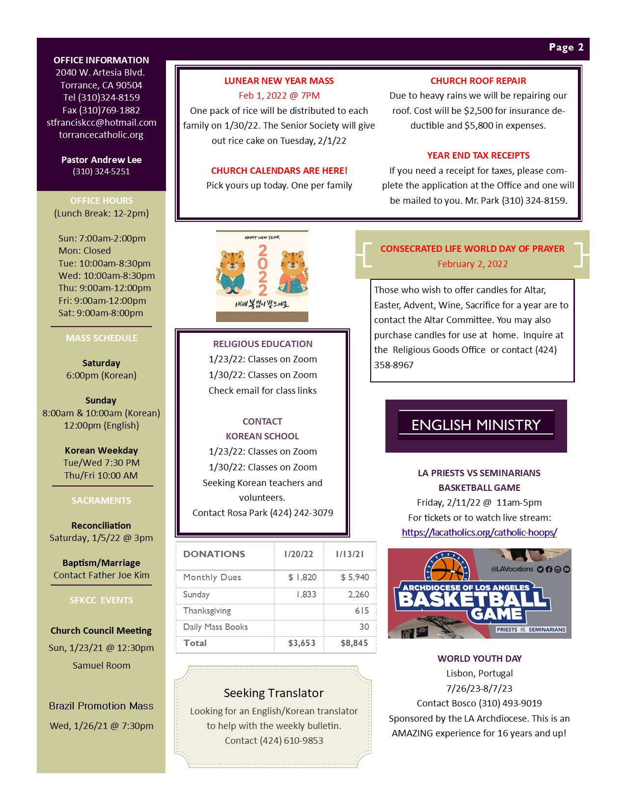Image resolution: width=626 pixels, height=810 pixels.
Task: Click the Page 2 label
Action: pos(566,47)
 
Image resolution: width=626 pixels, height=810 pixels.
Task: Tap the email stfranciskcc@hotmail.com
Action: pos(102,123)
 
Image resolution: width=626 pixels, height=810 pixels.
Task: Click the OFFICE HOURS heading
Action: pos(102,201)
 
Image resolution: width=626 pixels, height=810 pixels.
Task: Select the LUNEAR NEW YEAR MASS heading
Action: pos(279,81)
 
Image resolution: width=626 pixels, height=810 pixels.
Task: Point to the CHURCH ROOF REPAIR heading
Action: pos(478,81)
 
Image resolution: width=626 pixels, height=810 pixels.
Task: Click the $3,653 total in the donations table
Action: pos(301,643)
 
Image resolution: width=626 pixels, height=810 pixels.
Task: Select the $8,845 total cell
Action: pos(354,643)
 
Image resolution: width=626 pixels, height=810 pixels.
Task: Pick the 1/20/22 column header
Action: pos(299,554)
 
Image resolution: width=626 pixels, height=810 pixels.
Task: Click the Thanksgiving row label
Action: pos(207,611)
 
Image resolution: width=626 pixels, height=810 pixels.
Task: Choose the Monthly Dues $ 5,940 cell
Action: pos(354,577)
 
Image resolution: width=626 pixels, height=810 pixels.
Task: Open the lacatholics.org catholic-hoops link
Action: pos(479,532)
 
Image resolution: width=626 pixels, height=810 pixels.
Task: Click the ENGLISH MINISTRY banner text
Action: pos(476,425)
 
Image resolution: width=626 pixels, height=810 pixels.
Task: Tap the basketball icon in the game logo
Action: pos(447,569)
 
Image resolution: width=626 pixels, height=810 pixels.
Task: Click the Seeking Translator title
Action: pos(273,693)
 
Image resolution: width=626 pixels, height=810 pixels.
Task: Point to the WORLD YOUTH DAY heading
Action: pos(479,659)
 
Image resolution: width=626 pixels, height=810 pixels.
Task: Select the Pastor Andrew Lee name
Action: pos(102,160)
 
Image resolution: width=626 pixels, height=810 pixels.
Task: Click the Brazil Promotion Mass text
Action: pos(101,706)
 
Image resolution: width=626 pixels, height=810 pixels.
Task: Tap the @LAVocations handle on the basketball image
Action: pos(512,569)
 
